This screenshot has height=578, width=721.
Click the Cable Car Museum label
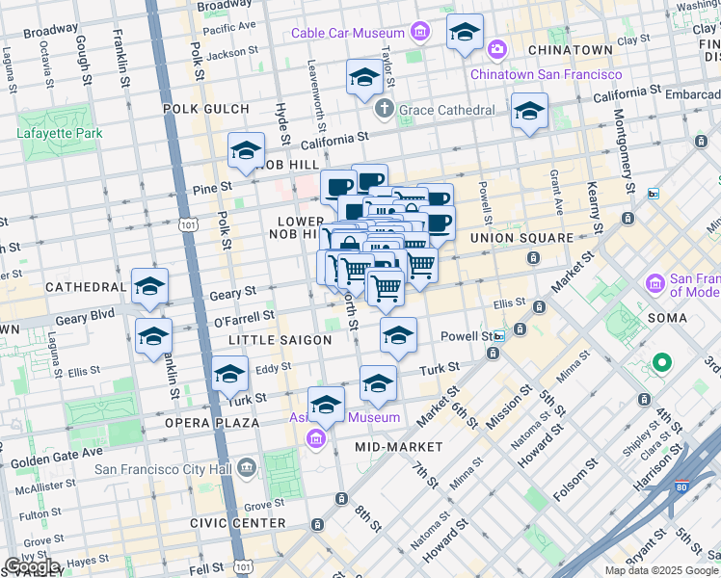coord(348,34)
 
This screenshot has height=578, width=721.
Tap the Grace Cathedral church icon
coord(385,109)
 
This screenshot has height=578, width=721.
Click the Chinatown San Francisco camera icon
coord(496,48)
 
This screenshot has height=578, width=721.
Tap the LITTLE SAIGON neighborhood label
coord(280,340)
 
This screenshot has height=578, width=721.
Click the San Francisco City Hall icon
coord(247,469)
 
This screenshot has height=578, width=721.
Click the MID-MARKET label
coord(398,447)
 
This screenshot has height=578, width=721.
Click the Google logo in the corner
coord(33,565)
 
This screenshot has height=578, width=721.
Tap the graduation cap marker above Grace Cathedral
coord(364,78)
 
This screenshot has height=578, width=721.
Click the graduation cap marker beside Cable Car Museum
coord(465,34)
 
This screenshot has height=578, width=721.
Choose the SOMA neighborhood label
coord(668,318)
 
